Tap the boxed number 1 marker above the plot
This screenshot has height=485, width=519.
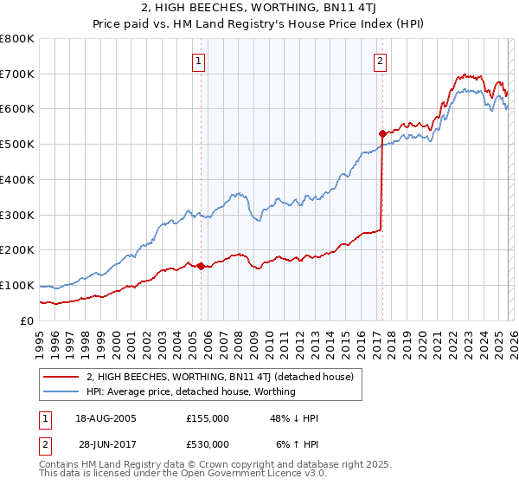(x=200, y=61)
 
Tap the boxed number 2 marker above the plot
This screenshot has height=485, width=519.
(x=381, y=61)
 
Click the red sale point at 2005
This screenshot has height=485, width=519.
(x=201, y=266)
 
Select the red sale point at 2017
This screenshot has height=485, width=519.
(x=381, y=133)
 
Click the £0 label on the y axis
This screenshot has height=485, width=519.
(x=26, y=320)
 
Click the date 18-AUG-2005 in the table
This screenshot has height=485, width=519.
(x=106, y=418)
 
